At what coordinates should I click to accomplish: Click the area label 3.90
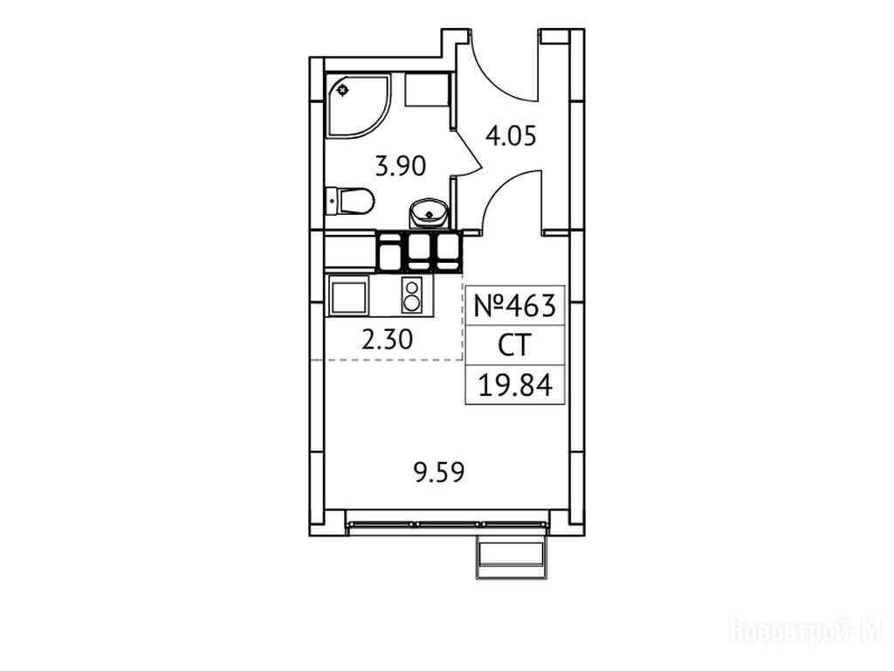pyautogui.click(x=401, y=167)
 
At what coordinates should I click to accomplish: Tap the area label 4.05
pyautogui.click(x=511, y=136)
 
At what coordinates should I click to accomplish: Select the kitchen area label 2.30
pyautogui.click(x=387, y=340)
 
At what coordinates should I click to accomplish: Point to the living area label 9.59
pyautogui.click(x=439, y=473)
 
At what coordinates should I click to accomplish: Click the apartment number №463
pyautogui.click(x=515, y=307)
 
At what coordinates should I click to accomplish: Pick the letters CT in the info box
pyautogui.click(x=514, y=345)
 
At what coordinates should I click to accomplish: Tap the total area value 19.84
pyautogui.click(x=515, y=385)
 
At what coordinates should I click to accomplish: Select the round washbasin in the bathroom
pyautogui.click(x=429, y=213)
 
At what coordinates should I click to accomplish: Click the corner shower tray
pyautogui.click(x=357, y=106)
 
